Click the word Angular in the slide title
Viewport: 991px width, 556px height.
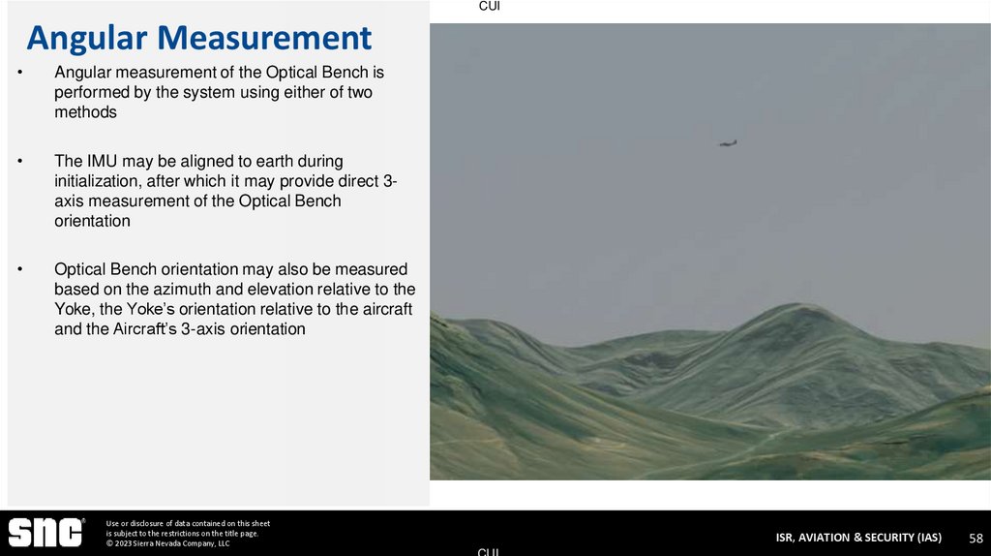[x=87, y=38]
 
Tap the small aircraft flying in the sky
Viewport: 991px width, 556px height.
[x=728, y=143]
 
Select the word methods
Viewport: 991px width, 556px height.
[x=85, y=112]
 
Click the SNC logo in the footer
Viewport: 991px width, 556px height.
[x=45, y=533]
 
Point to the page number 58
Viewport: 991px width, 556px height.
[x=976, y=538]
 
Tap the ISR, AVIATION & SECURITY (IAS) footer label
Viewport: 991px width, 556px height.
[x=857, y=538]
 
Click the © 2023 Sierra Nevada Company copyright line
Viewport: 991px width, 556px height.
[x=167, y=543]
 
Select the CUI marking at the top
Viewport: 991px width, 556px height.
[x=490, y=7]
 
